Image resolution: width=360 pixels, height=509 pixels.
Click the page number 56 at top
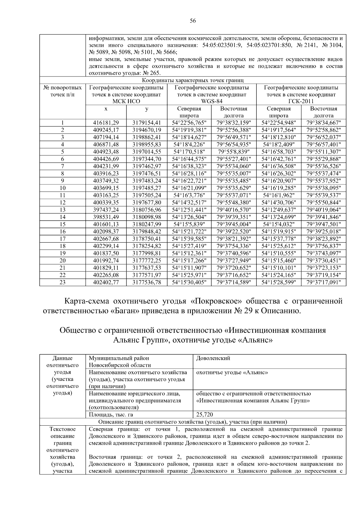pos(193,21)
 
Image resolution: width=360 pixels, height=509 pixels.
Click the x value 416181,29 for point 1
pos(106,123)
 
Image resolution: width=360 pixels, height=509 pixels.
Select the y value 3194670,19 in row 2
pos(147,130)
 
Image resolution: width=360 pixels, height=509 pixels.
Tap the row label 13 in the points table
pos(62,210)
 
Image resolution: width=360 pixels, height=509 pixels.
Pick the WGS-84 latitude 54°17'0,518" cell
pos(189,152)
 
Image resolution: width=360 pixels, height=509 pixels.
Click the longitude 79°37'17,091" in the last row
pos(323,282)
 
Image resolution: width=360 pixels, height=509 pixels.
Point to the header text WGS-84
pos(211,101)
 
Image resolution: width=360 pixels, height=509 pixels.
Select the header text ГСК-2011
pos(301,101)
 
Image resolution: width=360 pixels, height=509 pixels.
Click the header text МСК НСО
pos(126,101)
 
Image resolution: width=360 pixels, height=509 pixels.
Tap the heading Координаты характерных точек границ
pos(193,80)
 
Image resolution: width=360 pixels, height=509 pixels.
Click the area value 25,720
pos(205,415)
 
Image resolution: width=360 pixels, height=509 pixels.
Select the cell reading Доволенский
pos(213,358)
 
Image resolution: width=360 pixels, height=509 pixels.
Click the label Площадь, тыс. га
pos(111,415)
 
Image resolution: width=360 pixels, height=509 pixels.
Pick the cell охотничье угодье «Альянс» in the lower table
pos(232,373)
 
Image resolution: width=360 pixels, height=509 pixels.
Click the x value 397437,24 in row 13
pos(106,210)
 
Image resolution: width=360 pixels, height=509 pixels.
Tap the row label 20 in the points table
pos(62,260)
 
